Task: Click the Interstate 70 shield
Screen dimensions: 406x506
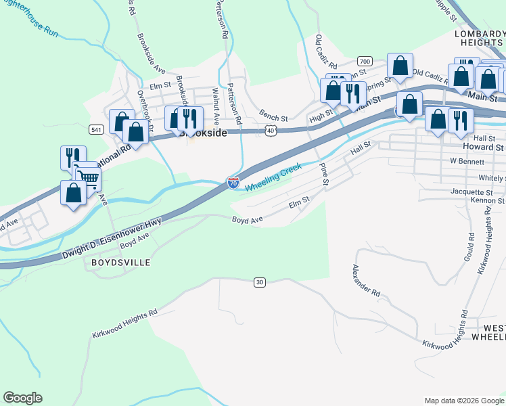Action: click(233, 183)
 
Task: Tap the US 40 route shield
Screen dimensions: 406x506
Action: click(271, 129)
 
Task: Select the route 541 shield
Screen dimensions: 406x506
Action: click(95, 129)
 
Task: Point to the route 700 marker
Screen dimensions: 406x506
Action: click(365, 61)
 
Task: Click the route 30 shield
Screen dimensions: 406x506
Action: click(259, 281)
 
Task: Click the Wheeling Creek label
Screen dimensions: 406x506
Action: click(273, 177)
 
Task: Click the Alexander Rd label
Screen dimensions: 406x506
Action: click(366, 281)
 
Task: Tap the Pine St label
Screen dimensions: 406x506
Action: click(323, 173)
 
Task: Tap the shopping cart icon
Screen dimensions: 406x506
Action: click(87, 179)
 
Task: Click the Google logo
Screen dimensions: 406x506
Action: click(22, 398)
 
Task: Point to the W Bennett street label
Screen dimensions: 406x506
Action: click(467, 162)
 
